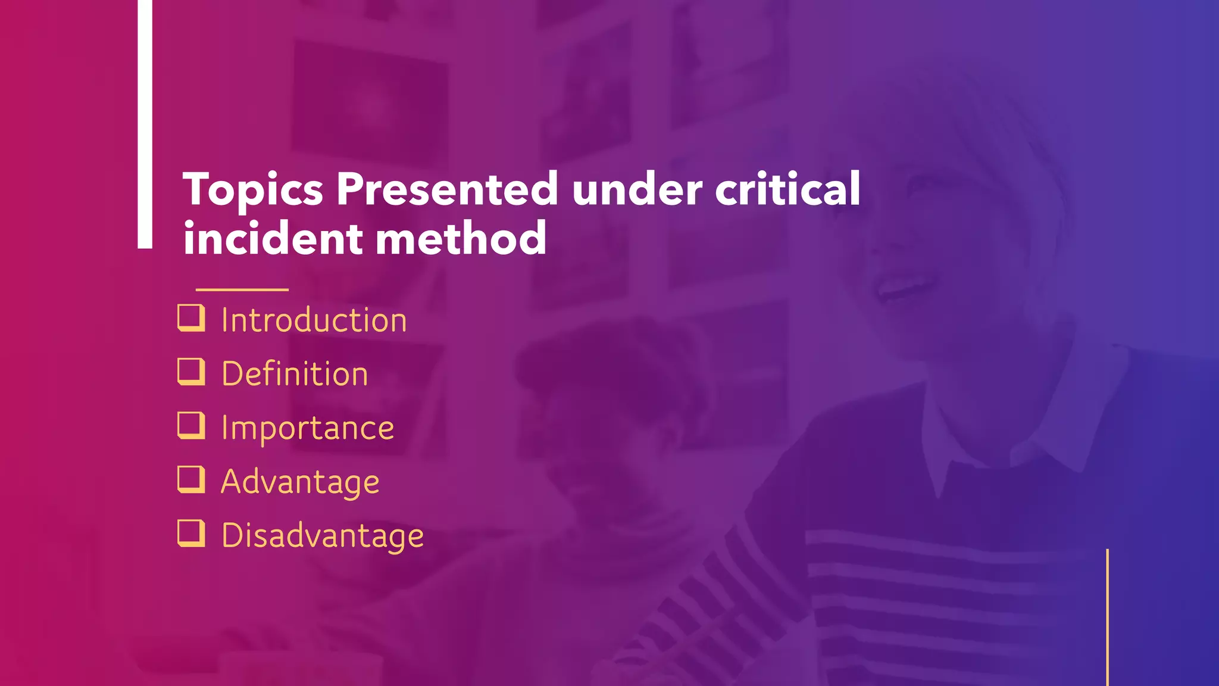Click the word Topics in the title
(x=252, y=189)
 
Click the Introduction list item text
(x=314, y=320)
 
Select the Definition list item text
(x=295, y=374)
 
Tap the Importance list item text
(x=307, y=428)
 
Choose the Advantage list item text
(x=300, y=482)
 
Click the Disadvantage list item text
(x=323, y=535)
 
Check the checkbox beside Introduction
(x=191, y=318)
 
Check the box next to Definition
(x=191, y=372)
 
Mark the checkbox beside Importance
(x=191, y=426)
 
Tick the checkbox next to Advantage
(x=191, y=479)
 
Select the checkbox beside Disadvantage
(x=191, y=533)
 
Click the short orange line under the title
(x=242, y=289)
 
